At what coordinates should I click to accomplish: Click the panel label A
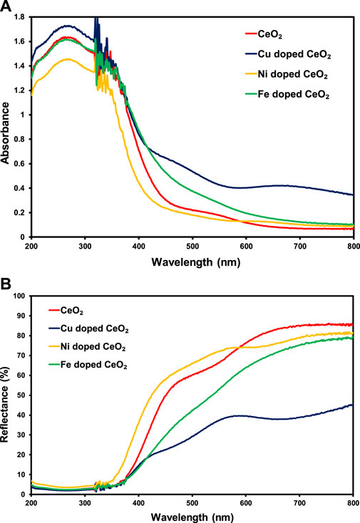(6, 6)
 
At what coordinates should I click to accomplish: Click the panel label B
(6, 284)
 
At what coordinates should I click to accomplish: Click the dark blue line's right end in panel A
(353, 195)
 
